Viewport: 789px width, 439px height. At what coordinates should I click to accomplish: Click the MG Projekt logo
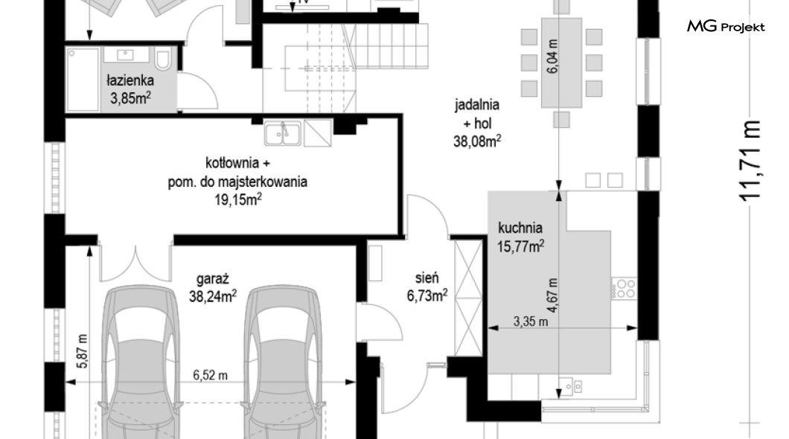pyautogui.click(x=726, y=27)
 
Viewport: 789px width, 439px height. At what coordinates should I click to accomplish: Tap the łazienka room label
pyautogui.click(x=130, y=80)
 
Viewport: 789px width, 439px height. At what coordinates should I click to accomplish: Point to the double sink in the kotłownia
pyautogui.click(x=283, y=133)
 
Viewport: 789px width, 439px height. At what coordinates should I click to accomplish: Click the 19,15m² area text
pyautogui.click(x=238, y=199)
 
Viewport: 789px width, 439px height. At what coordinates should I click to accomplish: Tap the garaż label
pyautogui.click(x=213, y=278)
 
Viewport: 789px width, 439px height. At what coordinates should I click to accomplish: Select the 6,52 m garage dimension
pyautogui.click(x=211, y=375)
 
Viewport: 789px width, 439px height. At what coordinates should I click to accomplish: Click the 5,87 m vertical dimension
pyautogui.click(x=83, y=351)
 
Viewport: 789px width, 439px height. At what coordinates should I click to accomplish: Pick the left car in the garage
pyautogui.click(x=141, y=362)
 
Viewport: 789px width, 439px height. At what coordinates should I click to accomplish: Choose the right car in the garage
pyautogui.click(x=282, y=362)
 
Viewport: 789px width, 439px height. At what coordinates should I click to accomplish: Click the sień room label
pyautogui.click(x=427, y=278)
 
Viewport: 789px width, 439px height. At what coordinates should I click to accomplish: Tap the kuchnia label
pyautogui.click(x=520, y=228)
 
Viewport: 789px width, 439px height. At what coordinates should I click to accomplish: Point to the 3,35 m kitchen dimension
pyautogui.click(x=531, y=321)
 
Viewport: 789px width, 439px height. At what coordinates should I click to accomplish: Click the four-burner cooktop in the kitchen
pyautogui.click(x=625, y=289)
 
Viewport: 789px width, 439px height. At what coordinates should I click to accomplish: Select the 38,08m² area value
pyautogui.click(x=477, y=141)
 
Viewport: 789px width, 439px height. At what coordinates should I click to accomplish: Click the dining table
pyautogui.click(x=561, y=63)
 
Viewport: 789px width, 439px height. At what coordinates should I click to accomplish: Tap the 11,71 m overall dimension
pyautogui.click(x=750, y=161)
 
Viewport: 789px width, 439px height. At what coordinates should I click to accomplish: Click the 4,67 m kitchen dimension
pyautogui.click(x=553, y=295)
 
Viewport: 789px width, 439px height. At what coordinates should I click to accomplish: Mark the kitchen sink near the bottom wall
pyautogui.click(x=573, y=385)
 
